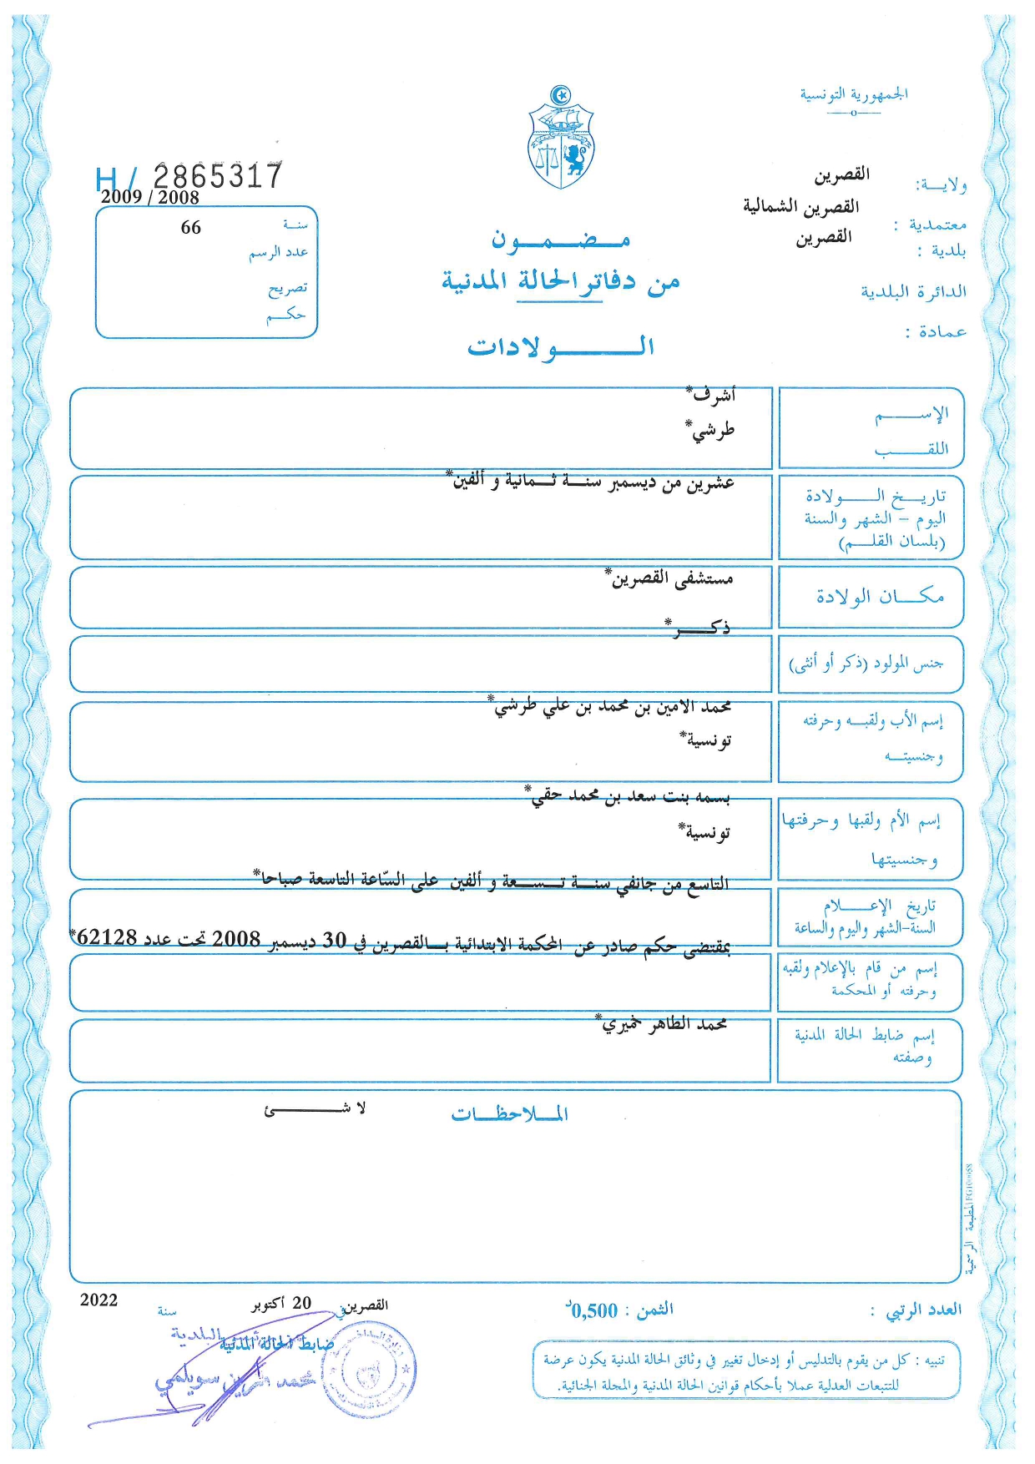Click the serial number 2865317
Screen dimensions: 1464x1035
point(218,176)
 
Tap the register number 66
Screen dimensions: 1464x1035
point(191,227)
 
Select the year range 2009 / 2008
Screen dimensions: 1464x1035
point(150,198)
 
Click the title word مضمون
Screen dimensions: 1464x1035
point(560,240)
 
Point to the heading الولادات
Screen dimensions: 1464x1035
point(560,346)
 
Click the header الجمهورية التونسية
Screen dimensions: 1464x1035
point(854,94)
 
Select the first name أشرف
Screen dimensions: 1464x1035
point(712,395)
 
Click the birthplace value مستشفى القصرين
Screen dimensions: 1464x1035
point(671,578)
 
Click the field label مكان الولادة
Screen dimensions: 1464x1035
point(880,597)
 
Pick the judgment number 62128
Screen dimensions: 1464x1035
point(107,937)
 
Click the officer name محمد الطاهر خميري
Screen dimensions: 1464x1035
point(664,1024)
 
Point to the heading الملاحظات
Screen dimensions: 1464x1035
point(509,1114)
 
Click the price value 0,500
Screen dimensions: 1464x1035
point(593,1310)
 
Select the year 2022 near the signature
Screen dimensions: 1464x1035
point(99,1300)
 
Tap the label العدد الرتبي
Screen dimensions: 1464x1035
point(923,1310)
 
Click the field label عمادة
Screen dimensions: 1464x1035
point(936,332)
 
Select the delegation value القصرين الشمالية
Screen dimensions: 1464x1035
point(800,206)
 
